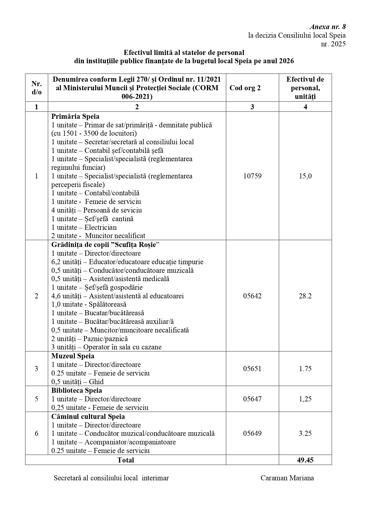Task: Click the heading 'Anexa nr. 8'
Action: coord(328,27)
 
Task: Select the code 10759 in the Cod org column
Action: coord(252,176)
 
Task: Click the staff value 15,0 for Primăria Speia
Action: coord(305,176)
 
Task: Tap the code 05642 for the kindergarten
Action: coord(252,296)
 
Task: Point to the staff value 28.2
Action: coord(305,296)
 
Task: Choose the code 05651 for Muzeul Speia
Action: coord(252,369)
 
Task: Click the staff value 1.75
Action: coord(305,369)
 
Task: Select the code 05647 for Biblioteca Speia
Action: coord(252,399)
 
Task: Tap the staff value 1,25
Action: coord(305,399)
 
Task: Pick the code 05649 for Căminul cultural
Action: coord(252,433)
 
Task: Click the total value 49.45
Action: coord(305,460)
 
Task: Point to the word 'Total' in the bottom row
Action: coord(125,460)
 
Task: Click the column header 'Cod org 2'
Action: coord(245,88)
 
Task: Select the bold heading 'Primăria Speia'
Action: coord(75,116)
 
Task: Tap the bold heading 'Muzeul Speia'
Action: coord(73,356)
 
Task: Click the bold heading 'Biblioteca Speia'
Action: coord(77,390)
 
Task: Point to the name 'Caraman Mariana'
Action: coord(287,478)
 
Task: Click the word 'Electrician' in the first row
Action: coord(101,227)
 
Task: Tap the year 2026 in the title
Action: coord(286,61)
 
